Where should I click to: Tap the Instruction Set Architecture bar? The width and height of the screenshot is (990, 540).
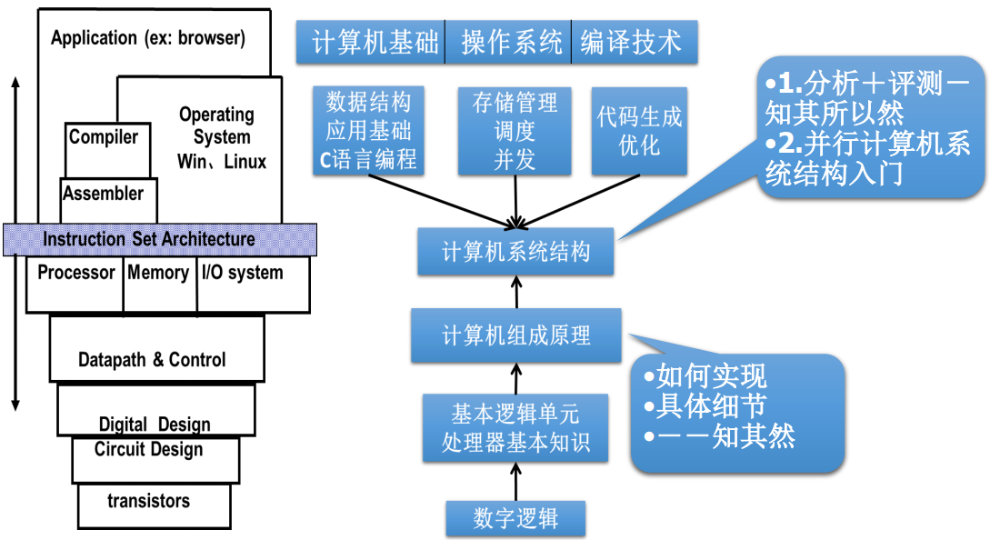[159, 239]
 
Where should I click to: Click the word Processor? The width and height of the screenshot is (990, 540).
[76, 273]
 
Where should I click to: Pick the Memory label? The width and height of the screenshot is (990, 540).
[158, 273]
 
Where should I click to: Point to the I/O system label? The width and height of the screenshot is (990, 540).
[242, 273]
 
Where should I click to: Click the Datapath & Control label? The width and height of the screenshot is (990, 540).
[152, 359]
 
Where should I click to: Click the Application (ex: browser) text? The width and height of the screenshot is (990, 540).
[148, 38]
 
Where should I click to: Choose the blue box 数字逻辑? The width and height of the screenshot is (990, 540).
[515, 518]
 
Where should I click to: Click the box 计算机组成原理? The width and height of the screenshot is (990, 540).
[515, 335]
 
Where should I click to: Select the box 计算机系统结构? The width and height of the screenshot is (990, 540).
[515, 252]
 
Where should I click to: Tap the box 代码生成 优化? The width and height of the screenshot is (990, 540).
[639, 130]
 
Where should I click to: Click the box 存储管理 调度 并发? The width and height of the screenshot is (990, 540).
[515, 130]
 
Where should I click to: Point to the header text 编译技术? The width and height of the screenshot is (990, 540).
[631, 43]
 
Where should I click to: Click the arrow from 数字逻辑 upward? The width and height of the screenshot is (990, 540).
[515, 480]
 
